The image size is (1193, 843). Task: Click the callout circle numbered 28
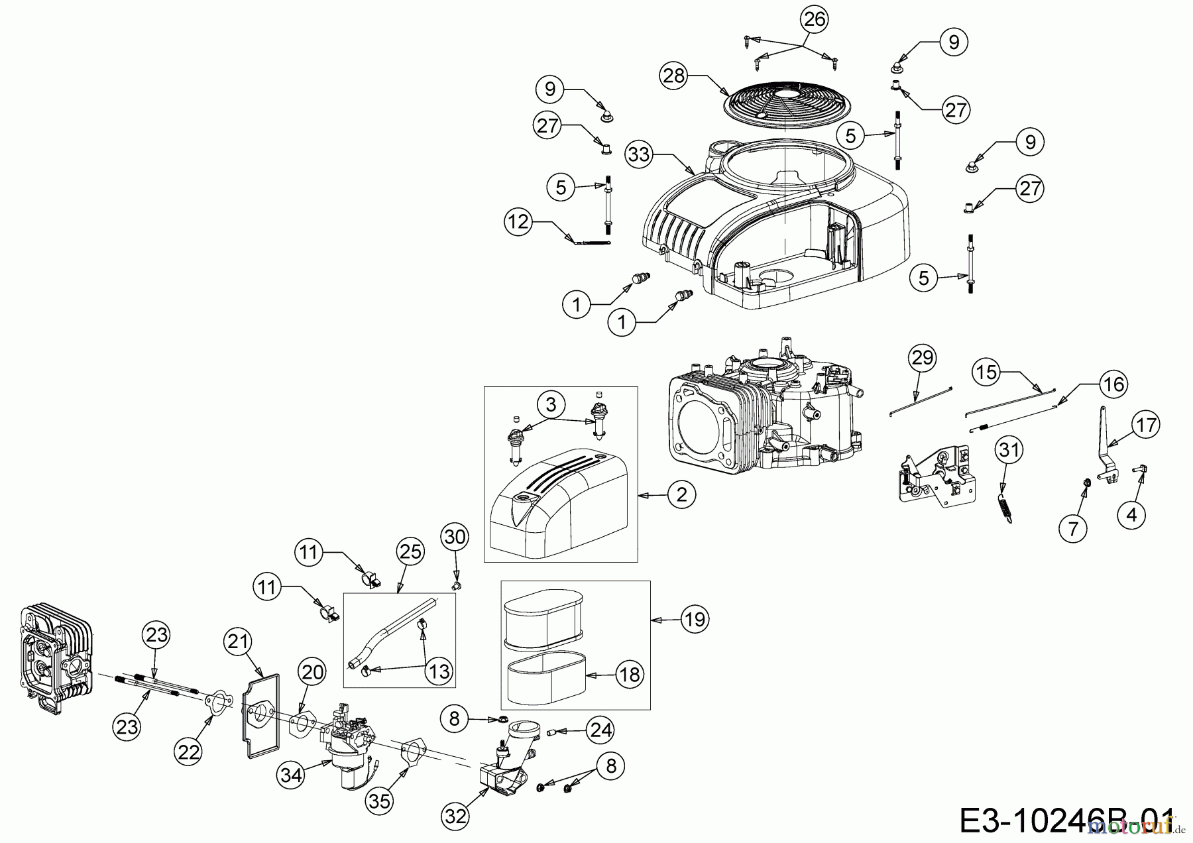pyautogui.click(x=674, y=76)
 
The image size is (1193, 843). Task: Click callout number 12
pyautogui.click(x=518, y=221)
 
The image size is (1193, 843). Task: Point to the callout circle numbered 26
pyautogui.click(x=815, y=19)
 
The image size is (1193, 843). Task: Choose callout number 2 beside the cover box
pyautogui.click(x=682, y=494)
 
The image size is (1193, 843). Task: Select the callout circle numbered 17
pyautogui.click(x=1146, y=425)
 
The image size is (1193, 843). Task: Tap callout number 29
pyautogui.click(x=922, y=358)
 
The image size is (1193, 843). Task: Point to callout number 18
pyautogui.click(x=629, y=675)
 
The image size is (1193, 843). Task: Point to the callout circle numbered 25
pyautogui.click(x=410, y=551)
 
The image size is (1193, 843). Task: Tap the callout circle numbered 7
pyautogui.click(x=1073, y=528)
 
